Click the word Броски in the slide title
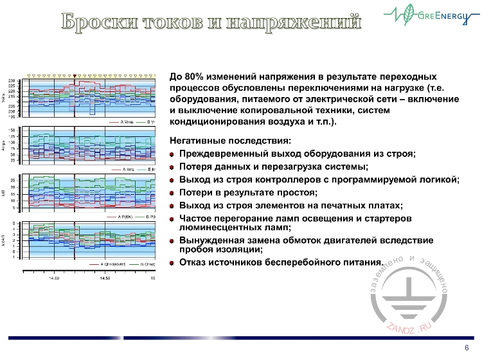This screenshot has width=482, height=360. coord(102,21)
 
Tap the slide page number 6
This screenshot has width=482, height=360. coord(465,348)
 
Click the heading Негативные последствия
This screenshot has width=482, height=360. coord(230,141)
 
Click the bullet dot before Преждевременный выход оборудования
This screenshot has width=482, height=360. coord(172,154)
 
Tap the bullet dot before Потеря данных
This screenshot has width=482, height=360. coord(172,167)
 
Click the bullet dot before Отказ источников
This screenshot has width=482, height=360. coord(172,262)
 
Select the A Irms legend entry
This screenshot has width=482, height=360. coord(127,170)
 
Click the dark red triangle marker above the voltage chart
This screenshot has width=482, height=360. coord(75,75)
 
